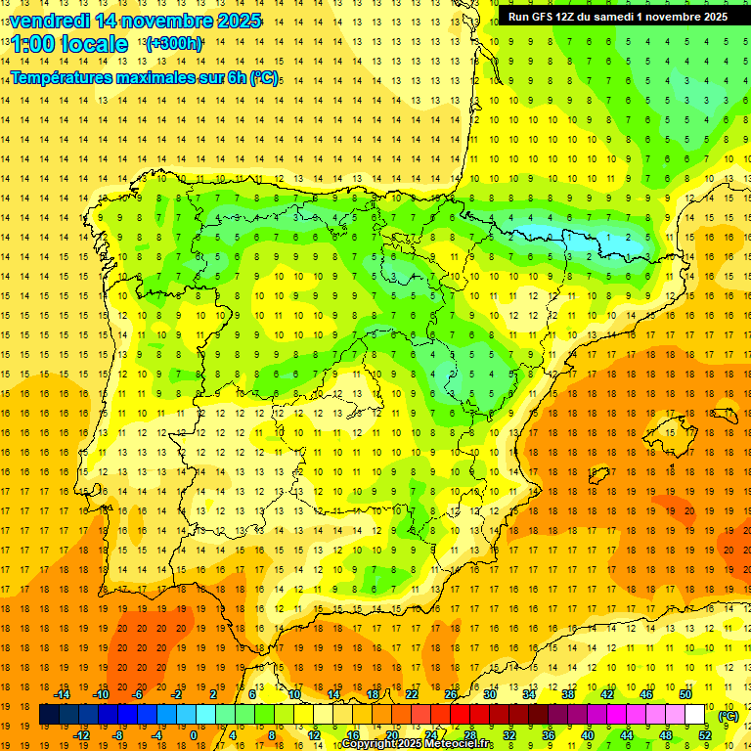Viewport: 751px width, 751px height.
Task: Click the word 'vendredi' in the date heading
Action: point(49,21)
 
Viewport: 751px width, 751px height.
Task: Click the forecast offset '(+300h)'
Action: point(174,44)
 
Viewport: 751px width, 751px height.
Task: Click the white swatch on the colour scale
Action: point(695,715)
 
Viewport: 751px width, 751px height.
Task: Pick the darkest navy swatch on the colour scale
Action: point(49,715)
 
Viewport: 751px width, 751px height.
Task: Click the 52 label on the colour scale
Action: point(704,735)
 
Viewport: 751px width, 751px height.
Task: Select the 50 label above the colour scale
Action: point(685,694)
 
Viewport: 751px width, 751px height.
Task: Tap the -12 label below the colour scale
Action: point(81,735)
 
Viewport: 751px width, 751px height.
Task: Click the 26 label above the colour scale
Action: point(451,694)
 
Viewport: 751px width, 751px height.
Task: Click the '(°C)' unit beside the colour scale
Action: point(728,715)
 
